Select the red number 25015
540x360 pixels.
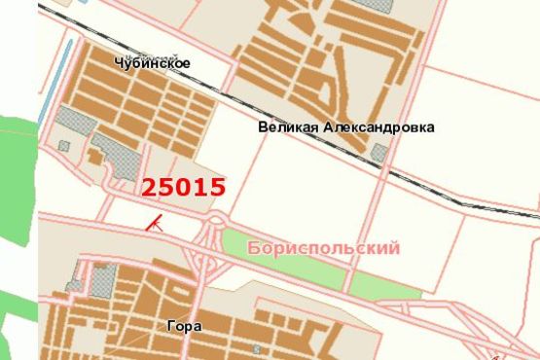[184, 187]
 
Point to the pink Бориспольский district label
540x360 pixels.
[324, 249]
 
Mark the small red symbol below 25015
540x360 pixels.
[153, 223]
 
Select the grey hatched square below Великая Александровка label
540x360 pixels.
[378, 153]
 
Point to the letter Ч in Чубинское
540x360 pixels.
[119, 63]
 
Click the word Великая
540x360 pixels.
[283, 127]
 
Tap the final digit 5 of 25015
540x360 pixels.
[218, 187]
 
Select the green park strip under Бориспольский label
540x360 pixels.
[292, 268]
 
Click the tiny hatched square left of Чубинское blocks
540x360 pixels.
[64, 146]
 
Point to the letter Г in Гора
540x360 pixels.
[169, 327]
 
